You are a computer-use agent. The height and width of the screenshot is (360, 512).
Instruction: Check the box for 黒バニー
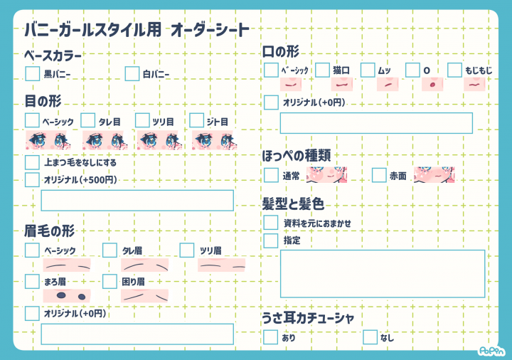[x=32, y=73]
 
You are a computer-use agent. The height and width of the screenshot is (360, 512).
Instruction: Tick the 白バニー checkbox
[x=132, y=73]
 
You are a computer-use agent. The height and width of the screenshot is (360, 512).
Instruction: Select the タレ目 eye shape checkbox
[x=88, y=120]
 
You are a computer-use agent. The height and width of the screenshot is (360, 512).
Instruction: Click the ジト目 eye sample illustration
[x=214, y=140]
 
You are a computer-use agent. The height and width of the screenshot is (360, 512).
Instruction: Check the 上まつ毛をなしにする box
[x=32, y=162]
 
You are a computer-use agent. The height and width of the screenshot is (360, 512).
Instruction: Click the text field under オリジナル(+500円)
[x=137, y=200]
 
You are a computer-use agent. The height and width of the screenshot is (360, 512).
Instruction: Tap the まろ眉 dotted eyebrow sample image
[x=67, y=296]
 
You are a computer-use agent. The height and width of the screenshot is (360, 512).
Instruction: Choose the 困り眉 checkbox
[x=110, y=281]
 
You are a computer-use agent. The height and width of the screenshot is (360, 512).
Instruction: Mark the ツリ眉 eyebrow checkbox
[x=187, y=250]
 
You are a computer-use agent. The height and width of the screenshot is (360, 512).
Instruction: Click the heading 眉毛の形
[x=50, y=231]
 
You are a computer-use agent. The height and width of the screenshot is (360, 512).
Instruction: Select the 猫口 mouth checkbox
[x=322, y=70]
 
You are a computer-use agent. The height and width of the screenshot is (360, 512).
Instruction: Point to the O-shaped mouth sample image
[x=432, y=84]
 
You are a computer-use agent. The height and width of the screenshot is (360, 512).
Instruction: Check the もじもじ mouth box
[x=454, y=70]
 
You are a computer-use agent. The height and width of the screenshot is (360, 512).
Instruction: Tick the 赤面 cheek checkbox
[x=379, y=175]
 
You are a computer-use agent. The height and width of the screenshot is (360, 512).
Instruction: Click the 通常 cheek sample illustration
[x=326, y=175]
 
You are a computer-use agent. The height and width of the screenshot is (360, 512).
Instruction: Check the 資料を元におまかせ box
[x=271, y=223]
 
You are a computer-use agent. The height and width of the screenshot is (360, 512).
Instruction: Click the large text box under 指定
[x=383, y=274]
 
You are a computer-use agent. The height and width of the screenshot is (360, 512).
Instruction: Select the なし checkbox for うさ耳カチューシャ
[x=370, y=337]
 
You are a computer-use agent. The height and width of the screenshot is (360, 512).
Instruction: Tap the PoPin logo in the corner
[x=491, y=351]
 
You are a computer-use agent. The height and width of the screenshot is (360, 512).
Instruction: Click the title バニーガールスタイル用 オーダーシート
[x=137, y=30]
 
